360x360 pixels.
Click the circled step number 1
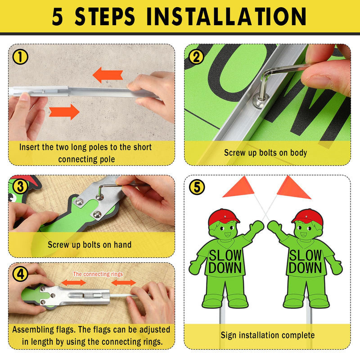(20, 57)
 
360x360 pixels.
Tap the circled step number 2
(196, 57)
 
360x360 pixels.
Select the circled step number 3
(20, 187)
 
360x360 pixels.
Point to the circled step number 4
(20, 274)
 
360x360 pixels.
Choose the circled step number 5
(197, 187)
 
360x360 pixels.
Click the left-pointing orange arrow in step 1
(108, 75)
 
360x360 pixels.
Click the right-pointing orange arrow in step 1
(64, 112)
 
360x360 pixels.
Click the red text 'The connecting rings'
(98, 274)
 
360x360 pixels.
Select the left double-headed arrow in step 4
(74, 283)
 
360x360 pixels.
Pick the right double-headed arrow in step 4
(124, 283)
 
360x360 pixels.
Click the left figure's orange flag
(239, 187)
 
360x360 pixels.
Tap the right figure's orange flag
(293, 188)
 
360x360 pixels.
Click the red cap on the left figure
(223, 217)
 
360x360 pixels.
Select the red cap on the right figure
(307, 217)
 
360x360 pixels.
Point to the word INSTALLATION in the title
(226, 16)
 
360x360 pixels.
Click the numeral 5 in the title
(57, 17)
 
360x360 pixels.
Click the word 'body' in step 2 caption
(298, 153)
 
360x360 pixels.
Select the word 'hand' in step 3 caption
(122, 244)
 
